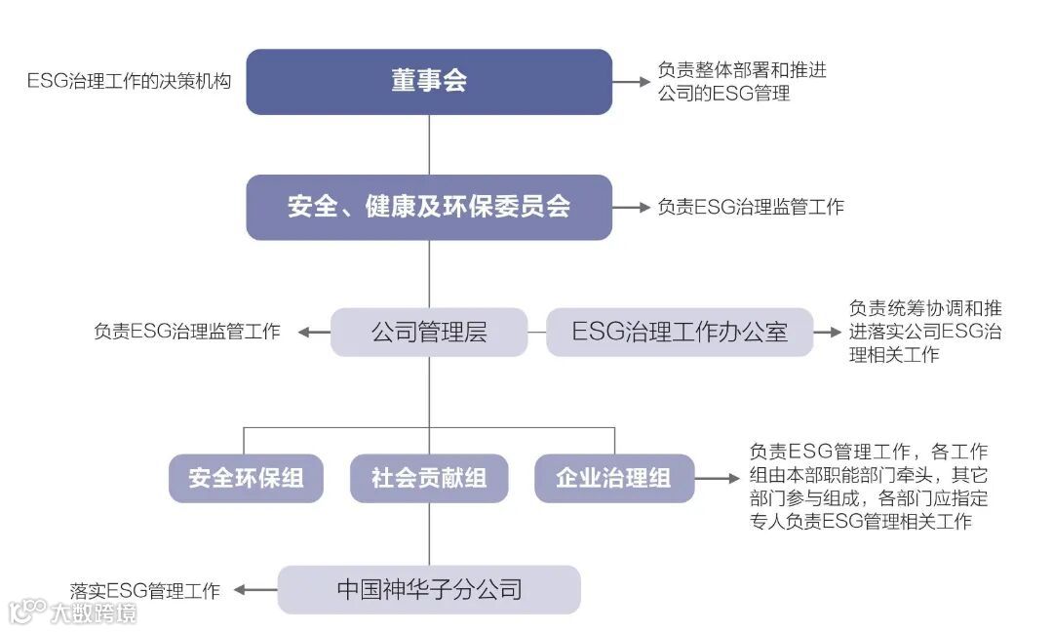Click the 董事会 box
pyautogui.click(x=429, y=82)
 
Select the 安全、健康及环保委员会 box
pyautogui.click(x=429, y=208)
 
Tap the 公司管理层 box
pyautogui.click(x=429, y=333)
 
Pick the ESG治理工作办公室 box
pyautogui.click(x=679, y=333)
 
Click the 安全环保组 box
pyautogui.click(x=246, y=478)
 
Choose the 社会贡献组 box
pyautogui.click(x=429, y=478)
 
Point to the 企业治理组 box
pyautogui.click(x=614, y=478)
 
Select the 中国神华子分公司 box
pyautogui.click(x=429, y=589)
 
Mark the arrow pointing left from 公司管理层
pyautogui.click(x=314, y=333)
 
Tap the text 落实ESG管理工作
pyautogui.click(x=145, y=591)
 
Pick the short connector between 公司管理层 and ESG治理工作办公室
pyautogui.click(x=536, y=333)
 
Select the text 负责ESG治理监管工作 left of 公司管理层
pyautogui.click(x=187, y=333)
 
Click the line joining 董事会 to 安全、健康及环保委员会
pyautogui.click(x=429, y=144)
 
